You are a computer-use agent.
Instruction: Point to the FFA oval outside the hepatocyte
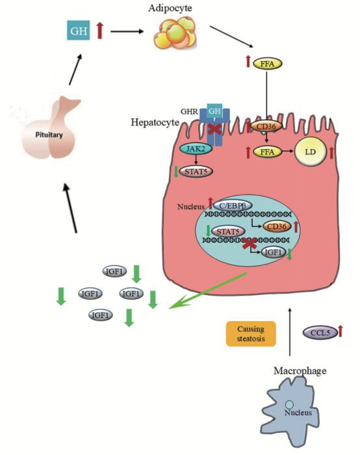pos(264,64)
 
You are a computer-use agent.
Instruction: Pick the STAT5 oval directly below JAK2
pos(194,172)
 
